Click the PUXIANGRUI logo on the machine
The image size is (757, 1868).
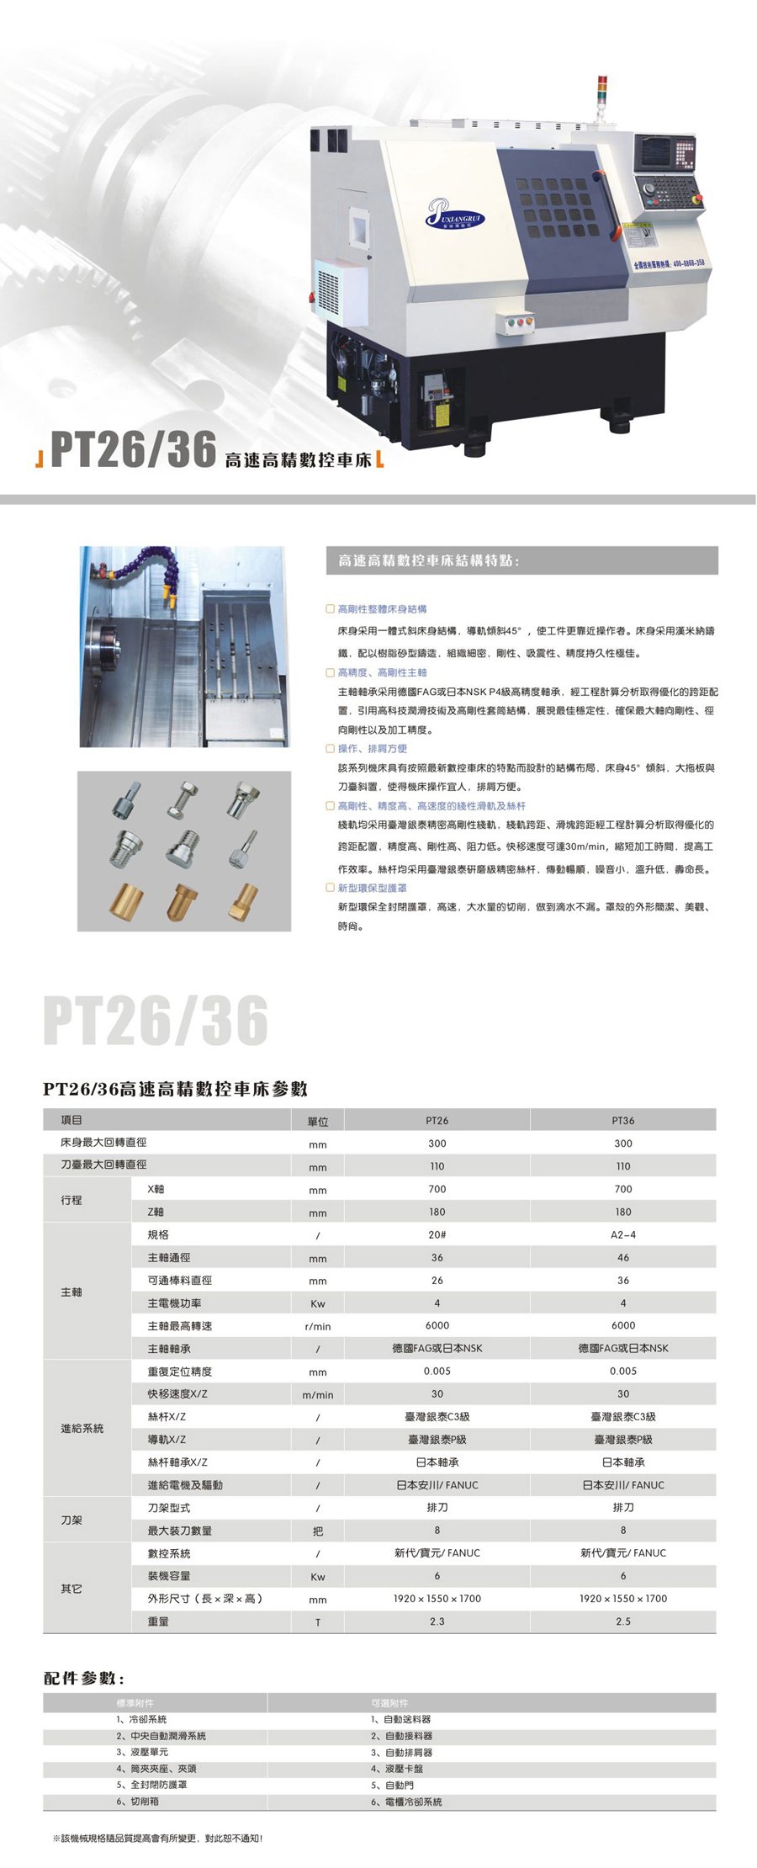point(455,212)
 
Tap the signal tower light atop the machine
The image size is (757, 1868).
point(601,93)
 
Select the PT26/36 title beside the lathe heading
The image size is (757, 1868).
point(134,449)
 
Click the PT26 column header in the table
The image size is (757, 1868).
point(437,1121)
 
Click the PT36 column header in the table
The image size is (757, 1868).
point(622,1121)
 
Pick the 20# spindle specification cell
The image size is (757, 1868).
point(437,1234)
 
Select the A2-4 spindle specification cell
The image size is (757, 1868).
point(622,1234)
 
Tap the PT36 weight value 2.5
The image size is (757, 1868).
point(622,1621)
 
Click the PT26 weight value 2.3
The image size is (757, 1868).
point(437,1621)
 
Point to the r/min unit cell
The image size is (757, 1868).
point(318,1326)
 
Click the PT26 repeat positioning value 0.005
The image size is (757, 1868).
point(437,1371)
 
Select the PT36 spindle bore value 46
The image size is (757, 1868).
point(622,1257)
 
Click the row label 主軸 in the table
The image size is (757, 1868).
point(71,1292)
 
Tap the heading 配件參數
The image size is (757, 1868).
point(84,1679)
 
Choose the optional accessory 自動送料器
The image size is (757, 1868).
point(407,1720)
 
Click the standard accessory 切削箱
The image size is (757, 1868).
point(144,1802)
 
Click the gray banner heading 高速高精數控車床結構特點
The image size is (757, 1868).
point(429,560)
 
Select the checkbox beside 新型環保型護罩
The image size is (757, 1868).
point(330,888)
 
